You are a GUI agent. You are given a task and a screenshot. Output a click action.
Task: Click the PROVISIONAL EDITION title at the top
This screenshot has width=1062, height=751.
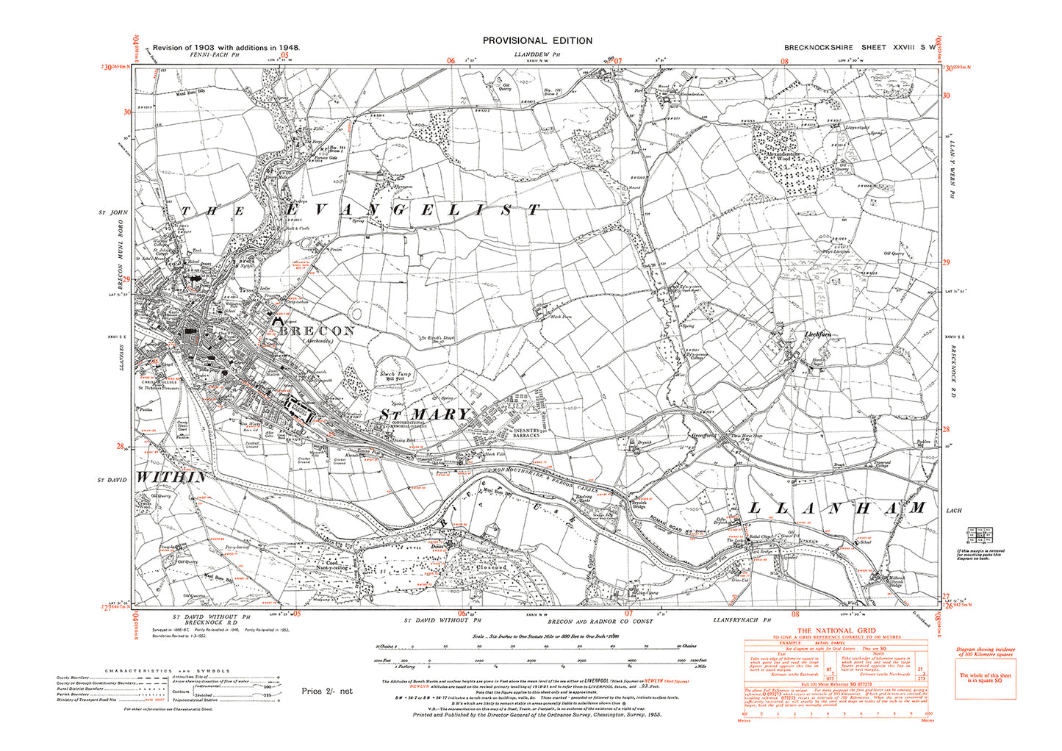coord(537,41)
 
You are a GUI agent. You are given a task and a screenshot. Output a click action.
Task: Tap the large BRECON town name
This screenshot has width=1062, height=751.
coord(317,331)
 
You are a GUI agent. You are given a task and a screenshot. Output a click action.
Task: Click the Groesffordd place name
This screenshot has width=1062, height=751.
coord(704,434)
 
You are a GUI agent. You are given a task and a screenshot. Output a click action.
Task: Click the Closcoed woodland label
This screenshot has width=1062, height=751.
coord(490,567)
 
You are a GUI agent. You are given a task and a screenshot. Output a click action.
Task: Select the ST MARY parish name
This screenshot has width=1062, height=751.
coord(424,414)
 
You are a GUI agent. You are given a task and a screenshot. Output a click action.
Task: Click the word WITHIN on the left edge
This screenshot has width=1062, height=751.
coord(171,478)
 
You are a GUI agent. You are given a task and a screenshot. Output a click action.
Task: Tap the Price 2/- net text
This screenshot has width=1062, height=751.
coord(326,691)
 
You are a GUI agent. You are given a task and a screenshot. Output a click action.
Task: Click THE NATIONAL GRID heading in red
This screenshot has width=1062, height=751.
coord(836,630)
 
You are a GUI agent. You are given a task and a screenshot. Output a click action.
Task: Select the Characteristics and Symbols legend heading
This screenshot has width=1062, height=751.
coord(168,670)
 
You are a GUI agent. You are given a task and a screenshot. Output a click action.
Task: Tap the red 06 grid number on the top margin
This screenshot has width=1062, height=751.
coord(451,61)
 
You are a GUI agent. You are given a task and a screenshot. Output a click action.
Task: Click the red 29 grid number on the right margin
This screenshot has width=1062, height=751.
coord(947,263)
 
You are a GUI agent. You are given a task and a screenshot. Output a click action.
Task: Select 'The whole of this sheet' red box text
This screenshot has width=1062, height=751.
coord(986,678)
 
